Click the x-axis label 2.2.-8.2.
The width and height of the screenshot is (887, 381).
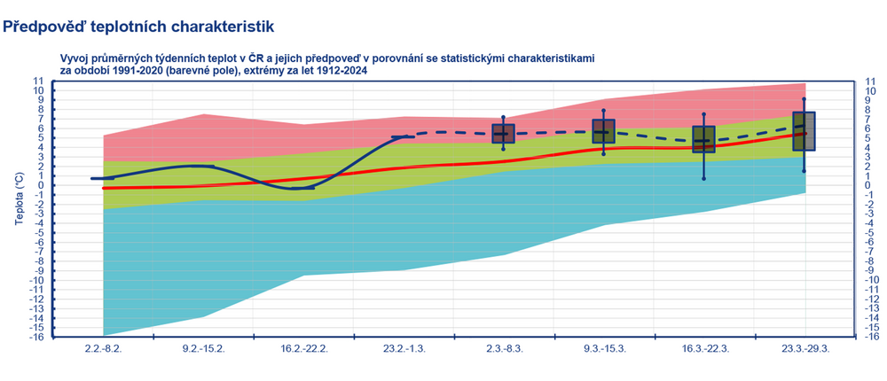coord(104,349)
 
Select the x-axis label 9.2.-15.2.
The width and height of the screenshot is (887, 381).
coord(204,349)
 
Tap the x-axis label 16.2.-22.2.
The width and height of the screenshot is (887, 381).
coord(304,349)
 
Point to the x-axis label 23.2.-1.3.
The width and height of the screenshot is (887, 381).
coord(404,349)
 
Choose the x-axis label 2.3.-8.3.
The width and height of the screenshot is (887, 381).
coord(504,349)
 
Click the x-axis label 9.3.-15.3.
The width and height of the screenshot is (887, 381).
coord(604,349)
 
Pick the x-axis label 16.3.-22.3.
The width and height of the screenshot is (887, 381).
coord(704,349)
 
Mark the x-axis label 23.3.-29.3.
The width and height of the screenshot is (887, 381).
coord(805,349)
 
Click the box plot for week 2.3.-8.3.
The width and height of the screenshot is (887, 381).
coord(504,134)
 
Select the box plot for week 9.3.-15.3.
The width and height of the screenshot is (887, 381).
coord(604,131)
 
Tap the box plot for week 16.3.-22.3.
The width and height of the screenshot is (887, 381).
coord(704,139)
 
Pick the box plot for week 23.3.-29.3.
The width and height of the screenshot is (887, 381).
coord(805,131)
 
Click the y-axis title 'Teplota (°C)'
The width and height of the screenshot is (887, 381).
coord(18,207)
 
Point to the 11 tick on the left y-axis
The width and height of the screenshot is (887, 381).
coord(38,81)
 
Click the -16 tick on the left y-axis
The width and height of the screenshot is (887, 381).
coord(36,337)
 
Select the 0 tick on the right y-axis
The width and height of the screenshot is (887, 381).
coord(866,185)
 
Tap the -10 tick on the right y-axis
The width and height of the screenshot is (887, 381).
coord(870,280)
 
